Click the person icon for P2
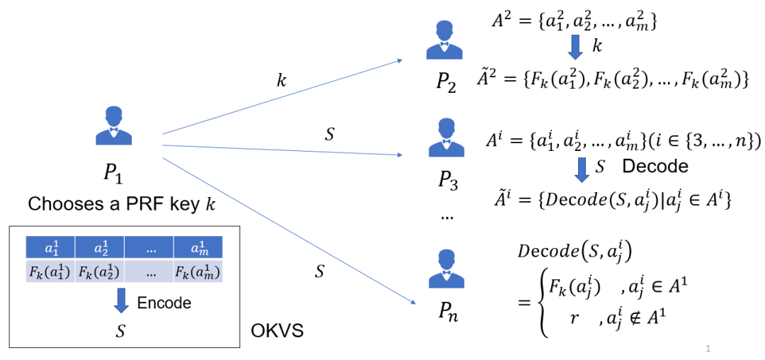[444, 40]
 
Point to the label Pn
[448, 313]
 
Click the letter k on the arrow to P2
[281, 80]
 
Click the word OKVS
[277, 331]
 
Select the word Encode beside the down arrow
[164, 303]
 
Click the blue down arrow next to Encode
[122, 300]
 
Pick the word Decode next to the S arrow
[655, 166]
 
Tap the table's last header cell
[198, 247]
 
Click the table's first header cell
[50, 247]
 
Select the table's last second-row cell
[198, 271]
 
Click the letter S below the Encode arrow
[122, 330]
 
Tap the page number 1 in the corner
[708, 348]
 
